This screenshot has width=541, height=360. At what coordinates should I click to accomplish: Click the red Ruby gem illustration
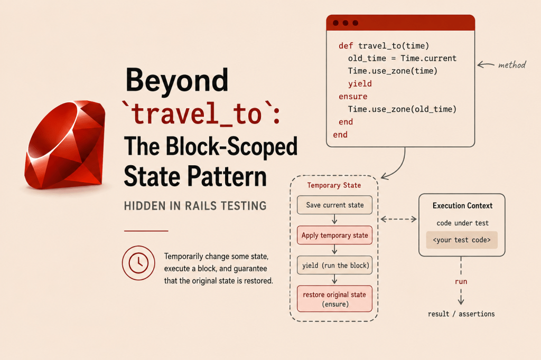pyautogui.click(x=65, y=145)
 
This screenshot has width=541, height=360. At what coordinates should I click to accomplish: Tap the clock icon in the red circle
pyautogui.click(x=138, y=263)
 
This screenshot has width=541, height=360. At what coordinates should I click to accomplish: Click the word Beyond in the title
pyautogui.click(x=176, y=80)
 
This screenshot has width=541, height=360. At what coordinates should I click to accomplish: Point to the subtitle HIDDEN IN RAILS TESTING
pyautogui.click(x=195, y=206)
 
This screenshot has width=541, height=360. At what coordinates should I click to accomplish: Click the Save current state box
pyautogui.click(x=334, y=205)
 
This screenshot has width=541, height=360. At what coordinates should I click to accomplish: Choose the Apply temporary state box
pyautogui.click(x=334, y=235)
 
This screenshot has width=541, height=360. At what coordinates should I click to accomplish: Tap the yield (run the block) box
pyautogui.click(x=334, y=265)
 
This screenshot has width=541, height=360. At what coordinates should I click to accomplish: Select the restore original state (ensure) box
pyautogui.click(x=334, y=299)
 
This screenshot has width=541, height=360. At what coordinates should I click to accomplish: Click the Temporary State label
pyautogui.click(x=334, y=185)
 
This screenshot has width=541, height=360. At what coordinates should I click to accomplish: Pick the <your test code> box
pyautogui.click(x=462, y=240)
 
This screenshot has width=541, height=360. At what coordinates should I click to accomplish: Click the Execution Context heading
pyautogui.click(x=462, y=205)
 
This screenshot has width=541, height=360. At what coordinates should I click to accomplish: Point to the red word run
pyautogui.click(x=461, y=281)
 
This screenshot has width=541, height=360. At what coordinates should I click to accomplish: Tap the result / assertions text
pyautogui.click(x=461, y=314)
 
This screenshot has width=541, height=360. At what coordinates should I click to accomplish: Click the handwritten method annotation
pyautogui.click(x=512, y=64)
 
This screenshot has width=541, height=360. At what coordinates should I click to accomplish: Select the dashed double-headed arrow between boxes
pyautogui.click(x=398, y=219)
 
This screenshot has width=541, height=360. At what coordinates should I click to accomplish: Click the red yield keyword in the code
pyautogui.click(x=360, y=84)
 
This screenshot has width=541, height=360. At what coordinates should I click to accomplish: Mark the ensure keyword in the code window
pyautogui.click(x=353, y=97)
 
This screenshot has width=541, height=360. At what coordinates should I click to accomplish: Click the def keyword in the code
pyautogui.click(x=346, y=46)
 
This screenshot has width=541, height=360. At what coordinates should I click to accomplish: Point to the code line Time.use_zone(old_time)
pyautogui.click(x=402, y=109)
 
